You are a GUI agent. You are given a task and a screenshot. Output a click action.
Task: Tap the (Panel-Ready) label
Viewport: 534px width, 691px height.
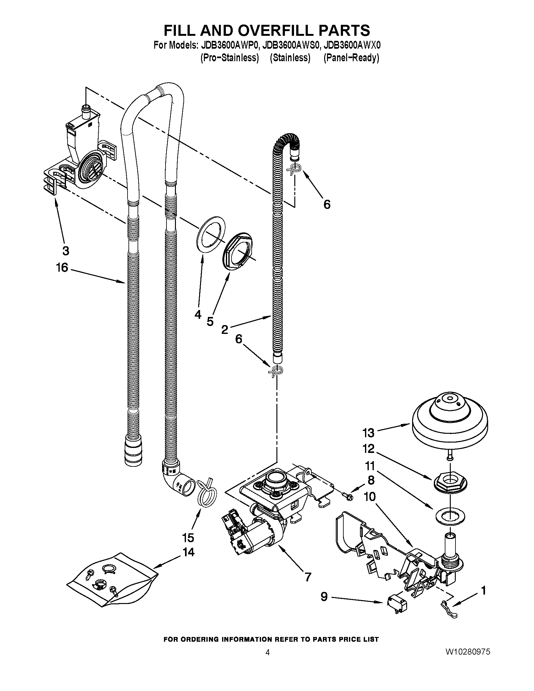(351, 58)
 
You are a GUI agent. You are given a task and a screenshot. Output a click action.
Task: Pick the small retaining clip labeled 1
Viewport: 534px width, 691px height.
(448, 611)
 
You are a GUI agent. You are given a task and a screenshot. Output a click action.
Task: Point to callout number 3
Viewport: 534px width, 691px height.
(65, 251)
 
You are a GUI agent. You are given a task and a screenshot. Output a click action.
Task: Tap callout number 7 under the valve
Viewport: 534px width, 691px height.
(308, 577)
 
